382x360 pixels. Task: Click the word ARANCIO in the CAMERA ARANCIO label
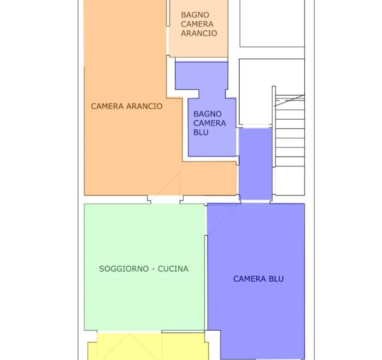click(144, 106)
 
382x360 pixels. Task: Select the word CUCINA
click(173, 268)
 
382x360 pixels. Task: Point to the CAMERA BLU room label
click(258, 278)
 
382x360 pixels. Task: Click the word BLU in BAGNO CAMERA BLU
click(201, 132)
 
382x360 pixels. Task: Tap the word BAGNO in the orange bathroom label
click(195, 15)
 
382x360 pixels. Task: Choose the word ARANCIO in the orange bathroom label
click(199, 33)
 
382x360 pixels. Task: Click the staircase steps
click(290, 131)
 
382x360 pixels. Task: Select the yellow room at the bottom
click(148, 346)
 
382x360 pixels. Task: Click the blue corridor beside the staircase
click(255, 164)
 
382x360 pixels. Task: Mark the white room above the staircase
click(256, 91)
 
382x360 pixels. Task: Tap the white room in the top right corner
click(272, 23)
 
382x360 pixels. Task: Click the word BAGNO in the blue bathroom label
click(207, 114)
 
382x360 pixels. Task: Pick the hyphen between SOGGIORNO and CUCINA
click(153, 269)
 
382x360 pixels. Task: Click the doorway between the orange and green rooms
click(165, 199)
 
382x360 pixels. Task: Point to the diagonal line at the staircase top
click(289, 100)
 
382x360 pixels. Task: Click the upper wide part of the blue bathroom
click(201, 76)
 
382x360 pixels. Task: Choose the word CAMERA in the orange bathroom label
click(197, 24)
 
